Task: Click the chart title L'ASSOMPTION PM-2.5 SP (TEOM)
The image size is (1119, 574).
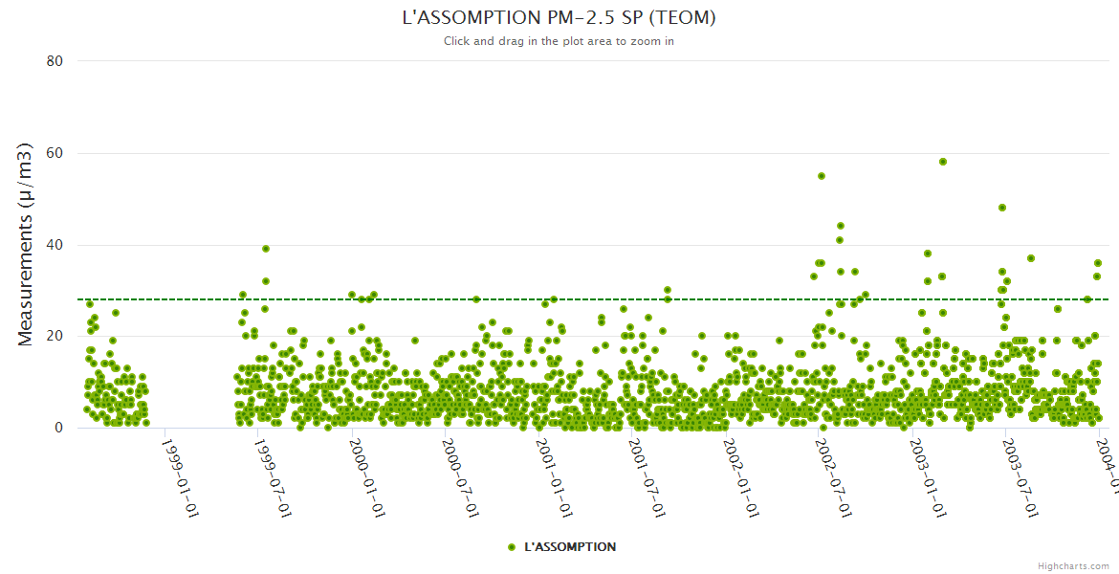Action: coord(559,18)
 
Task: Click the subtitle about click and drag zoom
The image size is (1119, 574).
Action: coord(559,41)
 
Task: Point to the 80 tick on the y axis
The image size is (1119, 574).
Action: coord(55,61)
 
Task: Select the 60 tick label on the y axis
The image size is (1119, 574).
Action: coord(55,153)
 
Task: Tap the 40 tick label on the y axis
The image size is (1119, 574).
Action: coord(55,245)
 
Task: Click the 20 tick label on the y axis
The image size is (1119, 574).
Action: coord(55,337)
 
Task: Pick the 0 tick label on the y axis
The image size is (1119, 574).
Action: coord(58,429)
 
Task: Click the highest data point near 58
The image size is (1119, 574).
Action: coord(942,162)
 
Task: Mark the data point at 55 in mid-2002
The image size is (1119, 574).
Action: coord(821,176)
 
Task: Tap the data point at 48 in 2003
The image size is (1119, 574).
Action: coord(1002,208)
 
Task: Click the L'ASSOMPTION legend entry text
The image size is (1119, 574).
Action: coord(570,547)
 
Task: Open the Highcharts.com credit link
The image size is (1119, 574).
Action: coord(1073,566)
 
